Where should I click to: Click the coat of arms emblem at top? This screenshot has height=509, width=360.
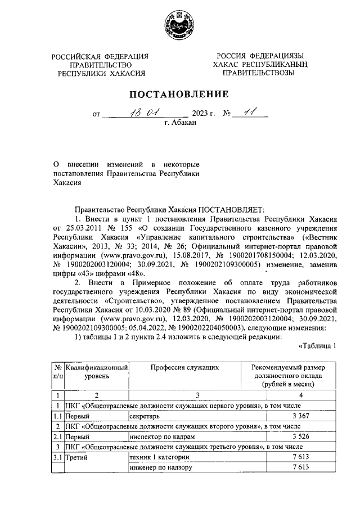tap(180, 25)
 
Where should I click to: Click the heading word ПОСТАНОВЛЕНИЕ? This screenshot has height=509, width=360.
tap(180, 93)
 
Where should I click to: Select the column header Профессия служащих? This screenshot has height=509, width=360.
tap(181, 367)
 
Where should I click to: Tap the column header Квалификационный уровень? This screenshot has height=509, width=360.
tap(96, 371)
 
